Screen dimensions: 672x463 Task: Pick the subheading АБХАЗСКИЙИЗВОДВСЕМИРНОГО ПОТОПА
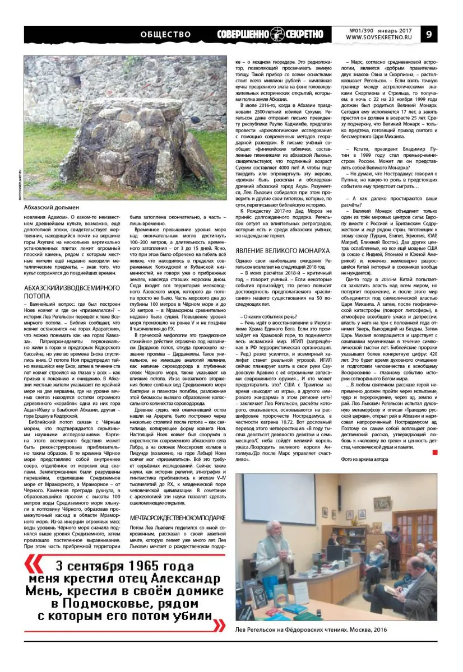click(73, 291)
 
